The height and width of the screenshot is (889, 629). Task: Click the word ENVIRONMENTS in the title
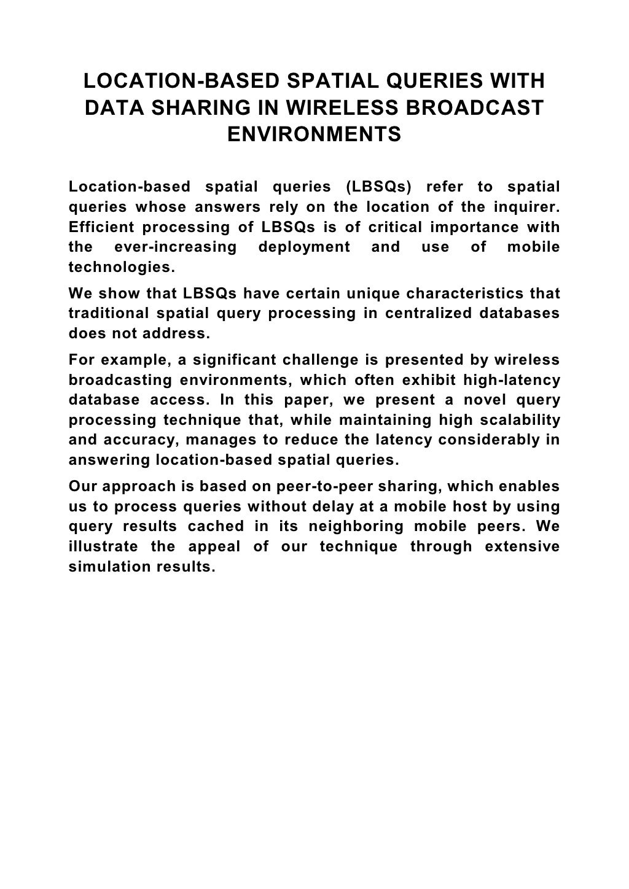(314, 133)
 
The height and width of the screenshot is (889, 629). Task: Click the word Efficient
(101, 227)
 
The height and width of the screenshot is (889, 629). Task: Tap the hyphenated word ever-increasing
(176, 247)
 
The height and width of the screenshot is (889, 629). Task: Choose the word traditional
(108, 314)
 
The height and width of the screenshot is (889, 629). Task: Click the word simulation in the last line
(109, 567)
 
